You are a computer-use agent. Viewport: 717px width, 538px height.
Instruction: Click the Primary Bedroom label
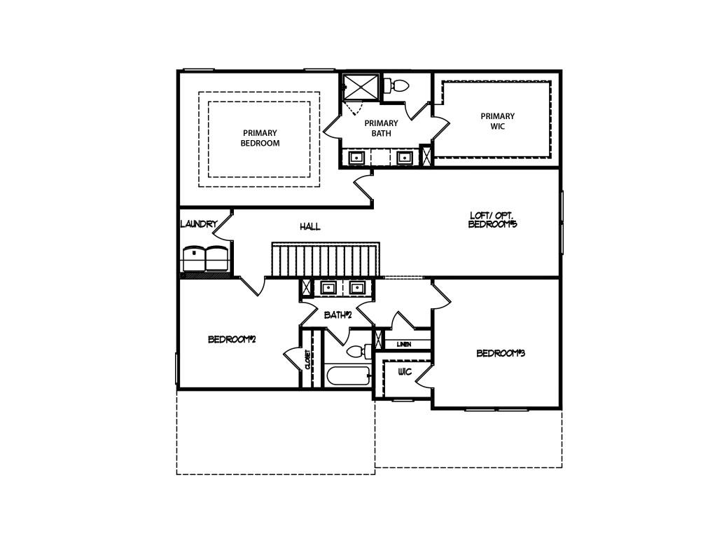(x=260, y=138)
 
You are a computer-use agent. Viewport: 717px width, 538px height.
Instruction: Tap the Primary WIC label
(x=498, y=121)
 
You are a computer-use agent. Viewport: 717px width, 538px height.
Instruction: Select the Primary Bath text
(x=381, y=128)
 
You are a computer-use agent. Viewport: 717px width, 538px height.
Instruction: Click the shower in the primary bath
(x=361, y=87)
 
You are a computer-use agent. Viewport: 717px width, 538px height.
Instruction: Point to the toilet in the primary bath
(x=396, y=85)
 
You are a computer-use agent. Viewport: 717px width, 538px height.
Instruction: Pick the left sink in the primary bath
(x=356, y=158)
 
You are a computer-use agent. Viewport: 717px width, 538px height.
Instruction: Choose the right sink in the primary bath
(x=404, y=158)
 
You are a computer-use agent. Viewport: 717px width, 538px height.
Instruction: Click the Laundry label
(x=198, y=224)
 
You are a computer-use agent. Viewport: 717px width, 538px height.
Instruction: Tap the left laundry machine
(x=193, y=258)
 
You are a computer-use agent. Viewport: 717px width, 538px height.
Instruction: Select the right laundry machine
(x=216, y=258)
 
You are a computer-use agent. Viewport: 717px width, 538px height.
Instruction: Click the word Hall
(x=310, y=226)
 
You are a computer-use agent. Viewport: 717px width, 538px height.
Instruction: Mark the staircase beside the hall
(x=326, y=260)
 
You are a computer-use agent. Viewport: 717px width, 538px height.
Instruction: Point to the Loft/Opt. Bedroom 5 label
(x=492, y=219)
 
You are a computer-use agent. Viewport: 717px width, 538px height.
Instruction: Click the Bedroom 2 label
(x=231, y=340)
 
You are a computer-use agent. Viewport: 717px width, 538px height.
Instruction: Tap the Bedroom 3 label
(x=501, y=353)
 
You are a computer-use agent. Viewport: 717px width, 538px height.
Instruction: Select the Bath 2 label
(x=337, y=315)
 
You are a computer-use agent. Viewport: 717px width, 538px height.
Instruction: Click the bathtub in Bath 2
(x=347, y=376)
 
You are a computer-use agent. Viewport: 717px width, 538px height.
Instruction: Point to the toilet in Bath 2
(x=359, y=352)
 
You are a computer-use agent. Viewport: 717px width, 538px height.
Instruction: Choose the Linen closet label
(x=404, y=344)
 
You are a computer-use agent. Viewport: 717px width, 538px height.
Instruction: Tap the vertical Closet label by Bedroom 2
(x=308, y=359)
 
